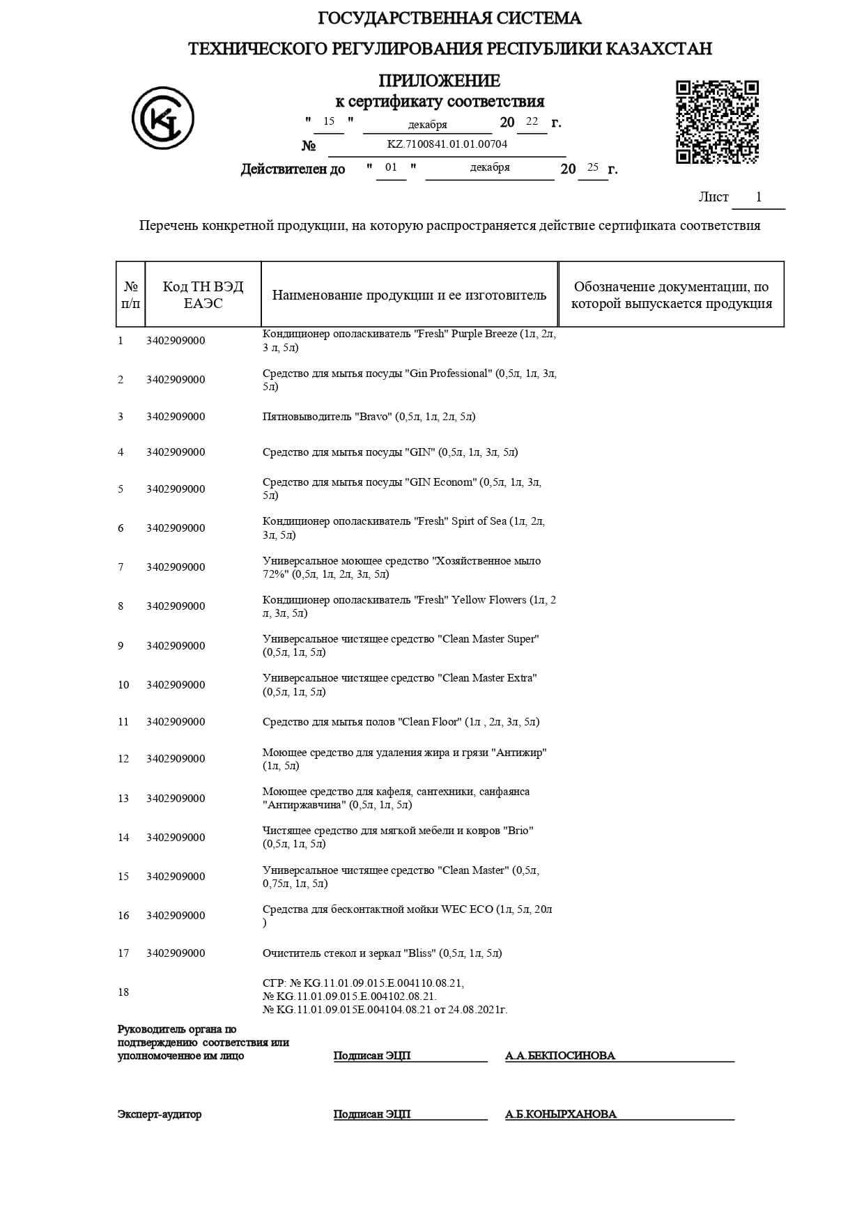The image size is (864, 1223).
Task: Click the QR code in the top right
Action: tap(717, 122)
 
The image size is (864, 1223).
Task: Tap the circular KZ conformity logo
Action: tap(162, 118)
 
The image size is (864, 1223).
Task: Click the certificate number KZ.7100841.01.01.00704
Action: tap(447, 144)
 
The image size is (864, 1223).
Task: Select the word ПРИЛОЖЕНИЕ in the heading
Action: tap(439, 81)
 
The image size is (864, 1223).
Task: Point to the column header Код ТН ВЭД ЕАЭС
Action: tap(203, 295)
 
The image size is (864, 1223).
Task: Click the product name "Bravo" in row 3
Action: tap(376, 417)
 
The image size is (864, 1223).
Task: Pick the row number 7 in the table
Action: tap(121, 567)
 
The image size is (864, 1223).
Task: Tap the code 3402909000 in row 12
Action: tap(176, 759)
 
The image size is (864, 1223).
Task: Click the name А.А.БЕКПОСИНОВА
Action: tap(560, 1056)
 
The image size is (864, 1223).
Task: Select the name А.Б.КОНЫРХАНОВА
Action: tap(561, 1114)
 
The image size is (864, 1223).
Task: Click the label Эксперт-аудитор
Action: tap(160, 1114)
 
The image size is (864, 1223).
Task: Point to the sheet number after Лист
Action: tap(759, 197)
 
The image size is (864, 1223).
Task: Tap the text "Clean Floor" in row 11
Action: tap(430, 722)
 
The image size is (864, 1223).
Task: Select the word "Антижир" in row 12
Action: tap(519, 753)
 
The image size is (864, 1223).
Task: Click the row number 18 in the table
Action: tap(123, 992)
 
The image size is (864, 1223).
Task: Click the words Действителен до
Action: tap(293, 169)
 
